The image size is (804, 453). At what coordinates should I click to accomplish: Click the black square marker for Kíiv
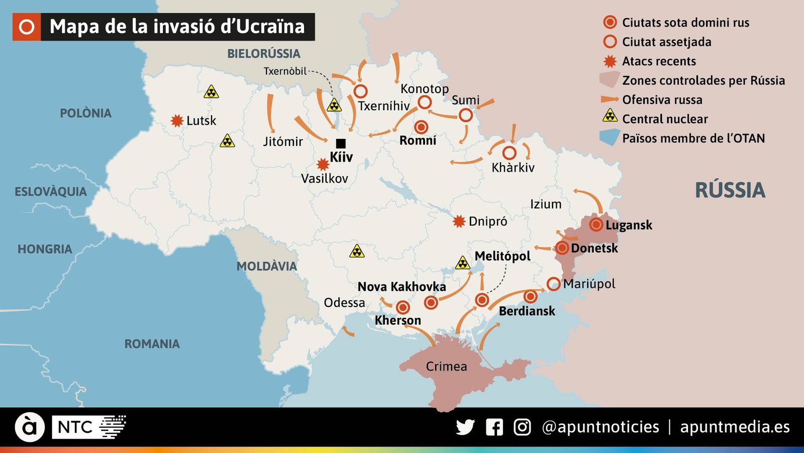click(341, 143)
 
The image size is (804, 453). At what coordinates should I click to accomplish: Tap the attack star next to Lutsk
click(177, 121)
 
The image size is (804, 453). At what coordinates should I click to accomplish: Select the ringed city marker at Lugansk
click(596, 224)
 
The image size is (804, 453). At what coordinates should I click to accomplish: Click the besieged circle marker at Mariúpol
click(553, 284)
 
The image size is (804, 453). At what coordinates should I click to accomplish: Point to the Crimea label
click(446, 366)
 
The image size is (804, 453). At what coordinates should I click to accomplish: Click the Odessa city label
click(344, 303)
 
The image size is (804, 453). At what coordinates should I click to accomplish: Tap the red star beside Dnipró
click(459, 221)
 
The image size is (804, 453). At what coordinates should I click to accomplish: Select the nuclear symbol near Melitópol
click(462, 263)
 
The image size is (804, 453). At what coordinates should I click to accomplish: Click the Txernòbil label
click(285, 71)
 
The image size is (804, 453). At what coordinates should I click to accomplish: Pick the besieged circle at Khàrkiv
click(509, 153)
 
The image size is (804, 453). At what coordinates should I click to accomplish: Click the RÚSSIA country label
click(730, 190)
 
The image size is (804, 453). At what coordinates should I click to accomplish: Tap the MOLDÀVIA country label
click(266, 266)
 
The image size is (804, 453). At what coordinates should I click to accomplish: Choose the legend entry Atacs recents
click(659, 61)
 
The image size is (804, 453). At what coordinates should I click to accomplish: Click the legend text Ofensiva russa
click(662, 100)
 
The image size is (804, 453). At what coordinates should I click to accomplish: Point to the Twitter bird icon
click(465, 427)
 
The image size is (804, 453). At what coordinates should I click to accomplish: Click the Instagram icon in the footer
click(522, 427)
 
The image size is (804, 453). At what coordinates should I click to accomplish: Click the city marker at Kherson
click(403, 307)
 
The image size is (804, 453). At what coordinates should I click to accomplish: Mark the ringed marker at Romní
click(421, 127)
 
